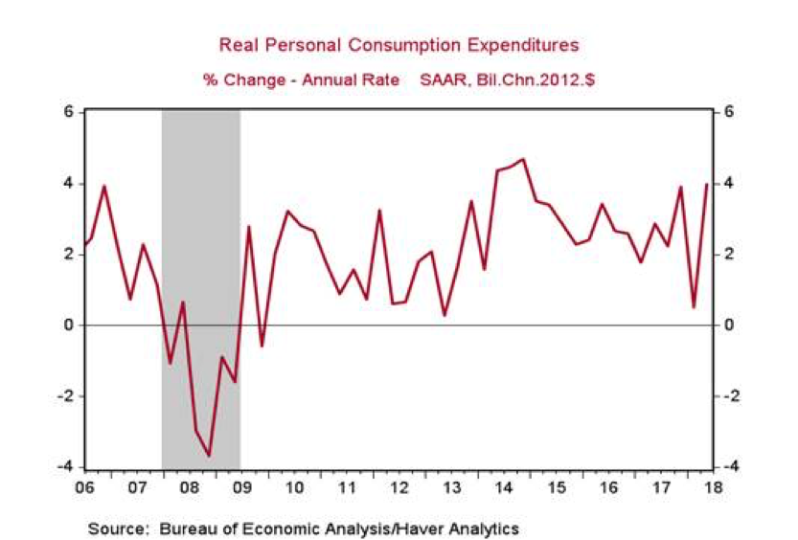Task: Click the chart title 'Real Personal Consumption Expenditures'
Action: click(399, 45)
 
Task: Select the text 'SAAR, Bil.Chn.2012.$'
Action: click(507, 79)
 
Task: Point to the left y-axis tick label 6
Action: click(69, 112)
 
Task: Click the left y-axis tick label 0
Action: click(69, 326)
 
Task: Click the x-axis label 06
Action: click(85, 486)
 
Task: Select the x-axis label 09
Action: click(241, 486)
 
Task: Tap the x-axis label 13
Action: click(450, 486)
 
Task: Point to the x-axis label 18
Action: click(709, 486)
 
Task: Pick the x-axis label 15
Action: click(554, 486)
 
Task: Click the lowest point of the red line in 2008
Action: click(210, 456)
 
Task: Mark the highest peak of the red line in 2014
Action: click(523, 159)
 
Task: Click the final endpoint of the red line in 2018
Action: click(707, 184)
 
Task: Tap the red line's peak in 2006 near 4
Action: click(103, 186)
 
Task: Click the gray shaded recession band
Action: click(200, 239)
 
